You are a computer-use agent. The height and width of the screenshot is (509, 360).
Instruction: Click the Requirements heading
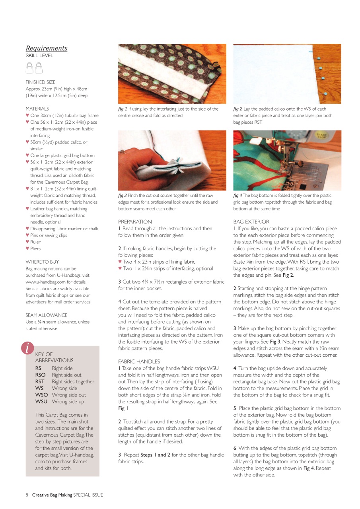[47, 48]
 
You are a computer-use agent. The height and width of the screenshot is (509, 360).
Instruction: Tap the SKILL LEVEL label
[39, 56]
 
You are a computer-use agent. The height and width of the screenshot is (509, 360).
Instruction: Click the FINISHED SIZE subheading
[41, 82]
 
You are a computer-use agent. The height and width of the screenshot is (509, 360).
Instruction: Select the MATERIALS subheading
[37, 109]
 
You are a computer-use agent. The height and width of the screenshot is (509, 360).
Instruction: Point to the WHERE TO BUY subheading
[42, 262]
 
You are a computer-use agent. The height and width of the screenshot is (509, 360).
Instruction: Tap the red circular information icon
[27, 348]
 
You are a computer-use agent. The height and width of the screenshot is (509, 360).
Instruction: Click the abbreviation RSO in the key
[40, 375]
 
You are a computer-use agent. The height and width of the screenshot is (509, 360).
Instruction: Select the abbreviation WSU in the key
[41, 402]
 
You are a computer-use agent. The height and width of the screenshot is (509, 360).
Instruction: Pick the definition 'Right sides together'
[73, 382]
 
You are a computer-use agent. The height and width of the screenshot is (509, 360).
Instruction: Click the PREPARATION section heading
[135, 222]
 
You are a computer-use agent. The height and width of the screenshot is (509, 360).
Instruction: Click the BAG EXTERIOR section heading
[251, 222]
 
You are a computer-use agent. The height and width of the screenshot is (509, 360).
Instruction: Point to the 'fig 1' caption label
[123, 109]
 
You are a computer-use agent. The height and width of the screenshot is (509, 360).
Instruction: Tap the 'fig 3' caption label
[123, 196]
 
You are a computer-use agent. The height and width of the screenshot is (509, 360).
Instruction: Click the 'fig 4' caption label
[237, 196]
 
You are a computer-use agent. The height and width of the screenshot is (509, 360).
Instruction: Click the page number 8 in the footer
[27, 495]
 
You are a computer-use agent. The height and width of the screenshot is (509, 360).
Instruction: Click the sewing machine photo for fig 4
[287, 160]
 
